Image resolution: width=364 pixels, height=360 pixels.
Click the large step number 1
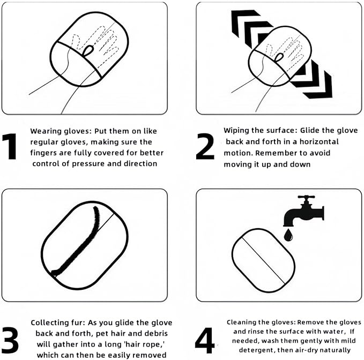10,146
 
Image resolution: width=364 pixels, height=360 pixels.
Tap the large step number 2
205,146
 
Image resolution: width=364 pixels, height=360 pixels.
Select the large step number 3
10,340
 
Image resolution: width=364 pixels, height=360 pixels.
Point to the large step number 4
205,340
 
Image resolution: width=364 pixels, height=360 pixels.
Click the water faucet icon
303,211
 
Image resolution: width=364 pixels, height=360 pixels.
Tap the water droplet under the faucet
288,235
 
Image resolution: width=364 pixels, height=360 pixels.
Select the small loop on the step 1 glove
88,50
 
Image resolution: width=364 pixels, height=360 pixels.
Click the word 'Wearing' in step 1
44,131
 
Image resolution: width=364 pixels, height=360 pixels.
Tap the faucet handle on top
306,197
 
